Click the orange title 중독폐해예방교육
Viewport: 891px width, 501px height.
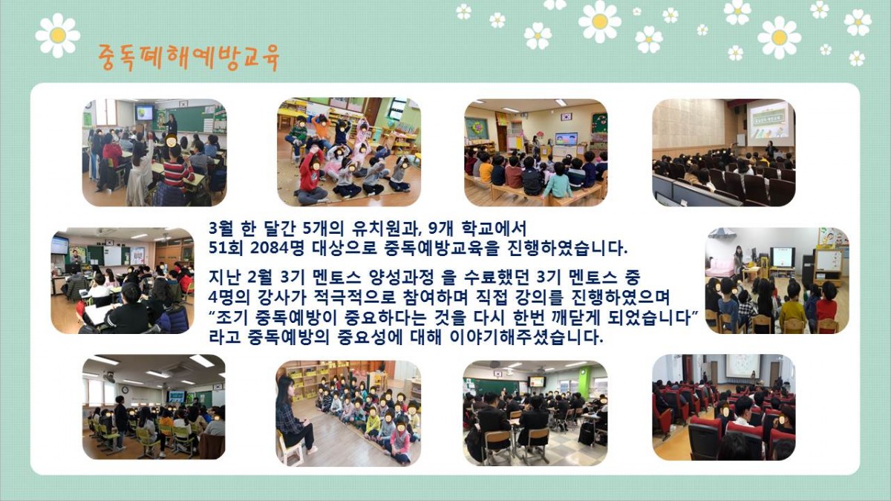click(189, 58)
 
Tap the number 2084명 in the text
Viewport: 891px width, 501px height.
click(277, 248)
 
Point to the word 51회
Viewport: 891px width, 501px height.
click(226, 248)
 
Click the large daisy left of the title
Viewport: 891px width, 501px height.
click(58, 36)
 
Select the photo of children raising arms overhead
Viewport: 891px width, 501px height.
click(349, 152)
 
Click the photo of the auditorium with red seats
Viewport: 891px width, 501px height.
click(724, 407)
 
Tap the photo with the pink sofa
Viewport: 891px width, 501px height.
click(777, 281)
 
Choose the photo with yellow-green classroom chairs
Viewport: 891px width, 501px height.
click(154, 407)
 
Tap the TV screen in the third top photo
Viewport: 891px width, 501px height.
click(566, 140)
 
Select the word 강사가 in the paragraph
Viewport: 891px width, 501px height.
click(281, 297)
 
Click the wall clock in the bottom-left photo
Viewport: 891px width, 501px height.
click(125, 390)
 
